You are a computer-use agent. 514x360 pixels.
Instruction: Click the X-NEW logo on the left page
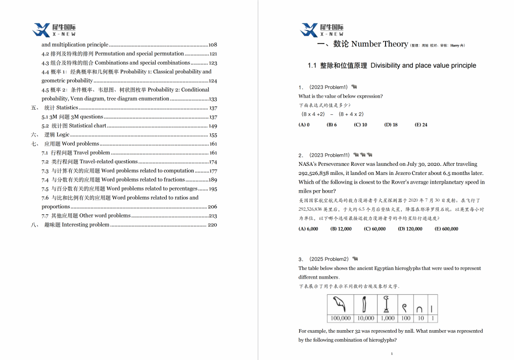[x=54, y=30]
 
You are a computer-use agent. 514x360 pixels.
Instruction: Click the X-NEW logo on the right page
[x=321, y=30]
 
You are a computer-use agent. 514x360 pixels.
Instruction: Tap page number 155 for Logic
[x=213, y=135]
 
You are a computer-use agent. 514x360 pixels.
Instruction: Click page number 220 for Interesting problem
[x=212, y=225]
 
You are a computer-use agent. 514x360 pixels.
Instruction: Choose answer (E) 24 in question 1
[x=420, y=125]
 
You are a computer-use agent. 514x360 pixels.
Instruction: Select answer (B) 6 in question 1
[x=332, y=125]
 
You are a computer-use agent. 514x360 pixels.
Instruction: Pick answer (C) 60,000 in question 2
[x=375, y=229]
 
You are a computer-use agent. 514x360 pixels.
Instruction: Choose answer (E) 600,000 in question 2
[x=446, y=229]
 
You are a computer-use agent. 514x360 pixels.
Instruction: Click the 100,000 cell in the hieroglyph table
[x=341, y=319]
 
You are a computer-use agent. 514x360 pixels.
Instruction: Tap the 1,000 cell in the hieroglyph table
[x=388, y=319]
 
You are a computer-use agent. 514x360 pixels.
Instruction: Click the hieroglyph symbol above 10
[x=420, y=307]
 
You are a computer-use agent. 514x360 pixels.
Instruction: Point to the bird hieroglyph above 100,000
[x=341, y=305]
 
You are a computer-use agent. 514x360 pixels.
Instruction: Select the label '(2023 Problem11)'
[x=330, y=155]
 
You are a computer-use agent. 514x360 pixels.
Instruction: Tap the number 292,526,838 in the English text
[x=316, y=173]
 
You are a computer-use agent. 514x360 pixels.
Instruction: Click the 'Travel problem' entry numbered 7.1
[x=91, y=153]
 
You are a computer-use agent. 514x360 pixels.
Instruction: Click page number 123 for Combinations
[x=213, y=63]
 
